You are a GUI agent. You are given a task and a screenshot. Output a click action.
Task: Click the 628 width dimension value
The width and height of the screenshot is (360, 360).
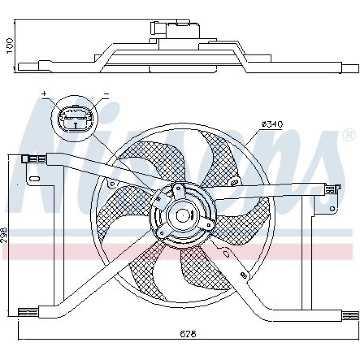188,334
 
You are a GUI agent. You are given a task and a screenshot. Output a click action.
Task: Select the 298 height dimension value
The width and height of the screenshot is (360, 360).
4,235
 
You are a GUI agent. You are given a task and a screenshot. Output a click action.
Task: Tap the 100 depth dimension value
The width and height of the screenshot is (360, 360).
10,46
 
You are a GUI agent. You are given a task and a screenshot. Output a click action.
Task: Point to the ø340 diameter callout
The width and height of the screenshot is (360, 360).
272,124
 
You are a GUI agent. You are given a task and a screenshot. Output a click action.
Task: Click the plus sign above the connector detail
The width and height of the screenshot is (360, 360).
44,94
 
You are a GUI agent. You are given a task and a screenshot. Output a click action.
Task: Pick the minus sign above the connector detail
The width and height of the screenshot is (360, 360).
106,94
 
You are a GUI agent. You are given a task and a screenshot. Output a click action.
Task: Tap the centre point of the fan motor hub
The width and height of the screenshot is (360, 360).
183,216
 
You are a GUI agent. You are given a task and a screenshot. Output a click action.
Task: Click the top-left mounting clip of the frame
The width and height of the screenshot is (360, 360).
34,159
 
